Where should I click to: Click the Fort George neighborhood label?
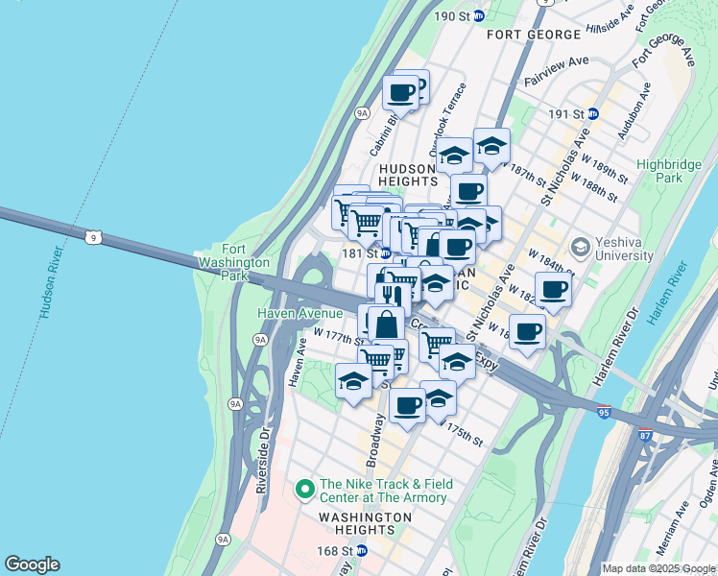point(534,35)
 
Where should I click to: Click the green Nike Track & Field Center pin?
point(305,491)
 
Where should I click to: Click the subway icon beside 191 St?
point(592,113)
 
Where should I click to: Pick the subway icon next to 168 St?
point(361,551)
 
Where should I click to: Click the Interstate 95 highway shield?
point(604,413)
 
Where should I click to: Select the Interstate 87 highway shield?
point(645,435)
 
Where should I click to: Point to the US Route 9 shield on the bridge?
point(92,236)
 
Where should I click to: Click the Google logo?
point(32,564)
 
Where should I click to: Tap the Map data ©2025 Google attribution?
point(658,568)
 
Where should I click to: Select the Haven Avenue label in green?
point(299,313)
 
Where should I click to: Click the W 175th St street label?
point(460,432)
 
